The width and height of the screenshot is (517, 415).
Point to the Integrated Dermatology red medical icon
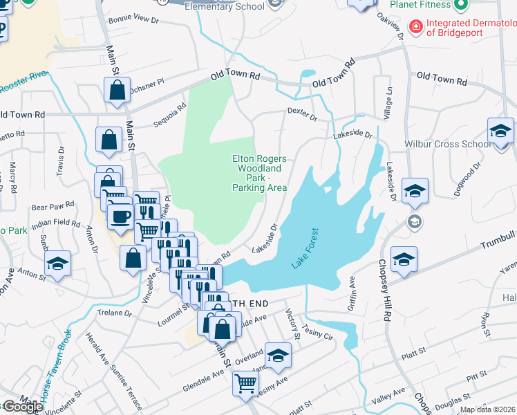pos(415,27)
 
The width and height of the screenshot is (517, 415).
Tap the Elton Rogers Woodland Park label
pos(259,173)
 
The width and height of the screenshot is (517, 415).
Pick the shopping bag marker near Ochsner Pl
pos(117,89)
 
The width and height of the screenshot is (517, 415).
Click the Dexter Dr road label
pos(302,114)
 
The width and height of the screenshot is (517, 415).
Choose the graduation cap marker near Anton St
pos(57,263)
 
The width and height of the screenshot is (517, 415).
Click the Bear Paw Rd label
pos(53,206)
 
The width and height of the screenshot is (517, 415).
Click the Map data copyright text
pos(487,409)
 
